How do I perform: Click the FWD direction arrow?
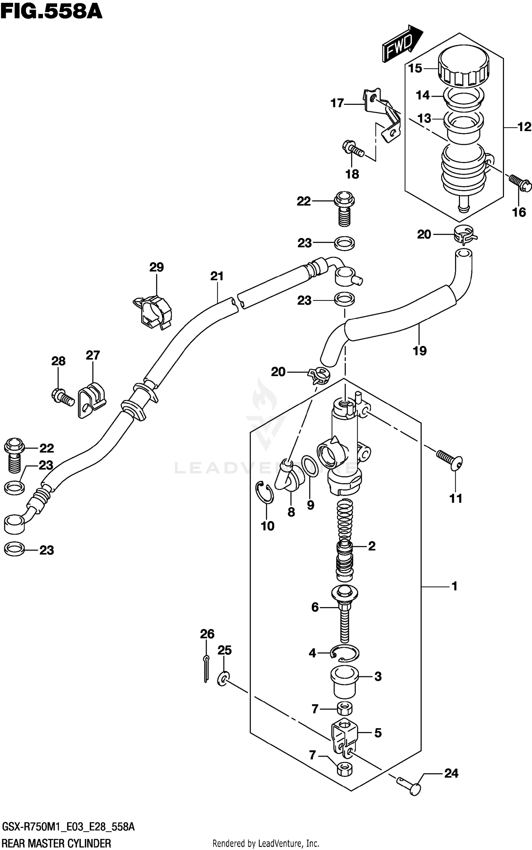point(402,43)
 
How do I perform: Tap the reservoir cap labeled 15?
point(463,68)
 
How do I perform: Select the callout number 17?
point(337,103)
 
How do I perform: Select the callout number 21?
point(217,276)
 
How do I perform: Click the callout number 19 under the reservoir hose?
point(420,351)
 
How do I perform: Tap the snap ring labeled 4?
point(344,653)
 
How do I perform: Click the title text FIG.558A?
point(51,11)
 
